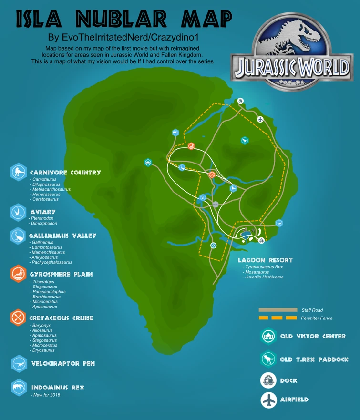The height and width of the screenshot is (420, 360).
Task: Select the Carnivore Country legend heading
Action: (x=65, y=173)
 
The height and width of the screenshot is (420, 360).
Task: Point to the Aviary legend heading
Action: (x=42, y=212)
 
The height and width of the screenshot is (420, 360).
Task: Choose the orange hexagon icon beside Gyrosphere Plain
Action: (x=18, y=274)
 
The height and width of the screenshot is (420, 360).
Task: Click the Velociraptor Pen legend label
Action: (x=63, y=364)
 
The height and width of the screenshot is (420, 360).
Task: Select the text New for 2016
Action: (x=46, y=395)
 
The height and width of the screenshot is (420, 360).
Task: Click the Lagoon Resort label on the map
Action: (x=265, y=260)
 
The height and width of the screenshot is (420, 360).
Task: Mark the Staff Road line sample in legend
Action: (x=277, y=310)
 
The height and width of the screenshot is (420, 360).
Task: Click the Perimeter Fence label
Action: (x=317, y=318)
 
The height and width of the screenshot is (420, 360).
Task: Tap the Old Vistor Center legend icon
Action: (x=268, y=337)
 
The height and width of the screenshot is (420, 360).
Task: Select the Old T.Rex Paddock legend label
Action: (x=314, y=359)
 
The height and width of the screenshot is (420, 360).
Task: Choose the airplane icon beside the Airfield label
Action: (x=268, y=400)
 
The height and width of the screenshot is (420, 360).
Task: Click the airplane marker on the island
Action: (x=260, y=119)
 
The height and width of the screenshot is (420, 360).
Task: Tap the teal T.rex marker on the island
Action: (x=244, y=140)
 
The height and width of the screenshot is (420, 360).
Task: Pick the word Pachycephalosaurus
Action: (x=52, y=262)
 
